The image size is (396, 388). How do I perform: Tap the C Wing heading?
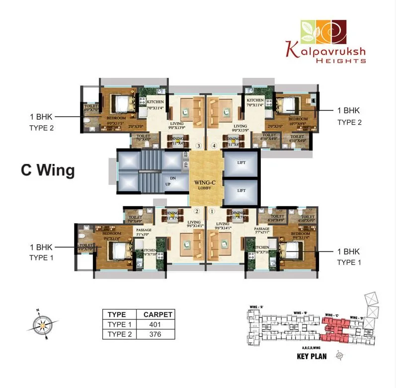point(48,170)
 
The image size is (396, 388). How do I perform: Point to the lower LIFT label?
point(241,190)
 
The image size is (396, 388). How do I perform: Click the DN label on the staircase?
point(172,178)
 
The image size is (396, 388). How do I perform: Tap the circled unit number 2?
point(197,211)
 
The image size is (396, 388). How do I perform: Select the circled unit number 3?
point(199,146)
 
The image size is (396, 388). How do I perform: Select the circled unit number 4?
point(214,146)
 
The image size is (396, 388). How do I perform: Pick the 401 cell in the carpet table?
point(158,324)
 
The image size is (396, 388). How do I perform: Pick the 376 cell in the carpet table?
point(158,334)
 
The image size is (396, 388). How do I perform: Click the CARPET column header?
point(158,314)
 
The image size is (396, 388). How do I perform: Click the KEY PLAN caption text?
point(311,357)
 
